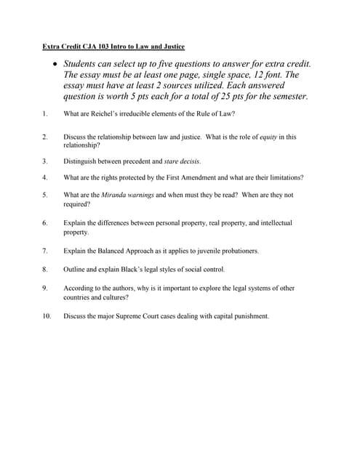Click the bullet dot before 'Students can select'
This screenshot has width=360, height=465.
pos(55,64)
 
